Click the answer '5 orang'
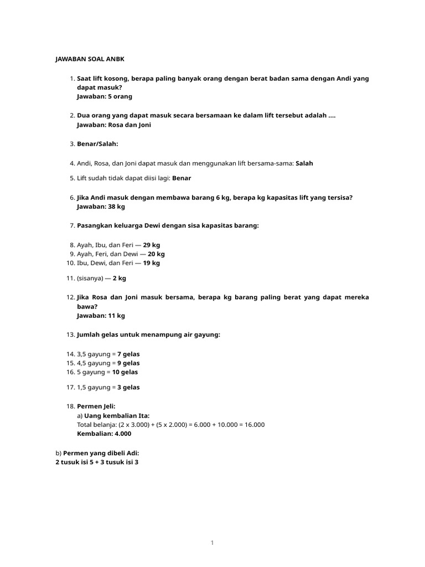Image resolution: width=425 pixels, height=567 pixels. (x=120, y=96)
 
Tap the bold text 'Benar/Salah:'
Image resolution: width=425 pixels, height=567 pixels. (x=97, y=144)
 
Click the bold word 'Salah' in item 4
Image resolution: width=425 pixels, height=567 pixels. (x=304, y=163)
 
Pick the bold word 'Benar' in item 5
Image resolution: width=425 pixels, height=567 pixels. (x=182, y=178)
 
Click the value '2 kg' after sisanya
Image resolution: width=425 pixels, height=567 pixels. (x=120, y=279)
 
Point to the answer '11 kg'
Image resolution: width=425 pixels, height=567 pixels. (x=116, y=316)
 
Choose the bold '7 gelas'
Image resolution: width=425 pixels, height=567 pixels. (x=128, y=354)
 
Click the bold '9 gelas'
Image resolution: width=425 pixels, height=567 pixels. (x=128, y=363)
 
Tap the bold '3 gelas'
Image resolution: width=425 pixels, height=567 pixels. (x=128, y=388)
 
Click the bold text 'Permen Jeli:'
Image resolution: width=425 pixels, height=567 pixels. (x=96, y=406)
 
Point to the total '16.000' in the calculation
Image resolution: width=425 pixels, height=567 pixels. (x=253, y=425)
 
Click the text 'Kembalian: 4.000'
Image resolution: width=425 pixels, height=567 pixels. (x=104, y=434)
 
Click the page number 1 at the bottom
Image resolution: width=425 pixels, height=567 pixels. (x=212, y=543)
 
